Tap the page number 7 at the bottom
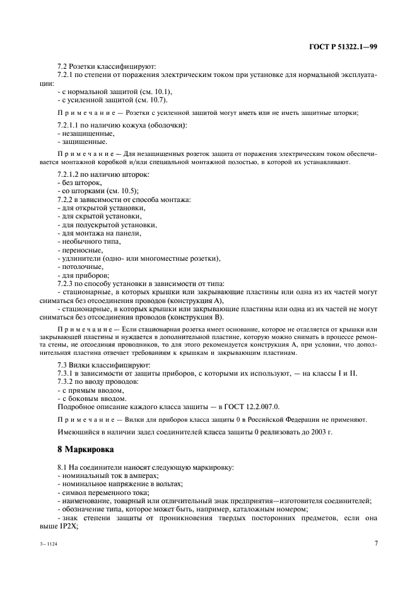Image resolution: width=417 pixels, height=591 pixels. (376, 542)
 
